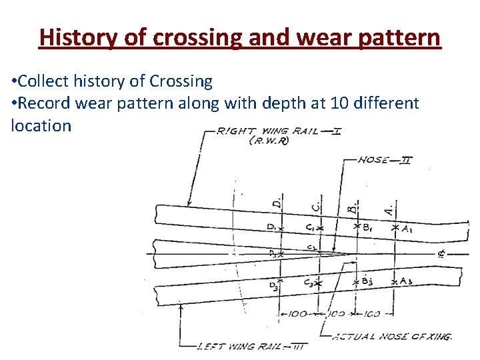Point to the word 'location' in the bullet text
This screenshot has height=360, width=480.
(x=41, y=125)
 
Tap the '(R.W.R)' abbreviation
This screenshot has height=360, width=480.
(x=268, y=142)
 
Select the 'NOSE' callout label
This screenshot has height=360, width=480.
(x=374, y=159)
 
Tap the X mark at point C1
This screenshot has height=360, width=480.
(x=320, y=228)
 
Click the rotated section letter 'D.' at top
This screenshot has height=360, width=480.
(x=277, y=201)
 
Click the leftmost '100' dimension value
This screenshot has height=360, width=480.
(x=299, y=313)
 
